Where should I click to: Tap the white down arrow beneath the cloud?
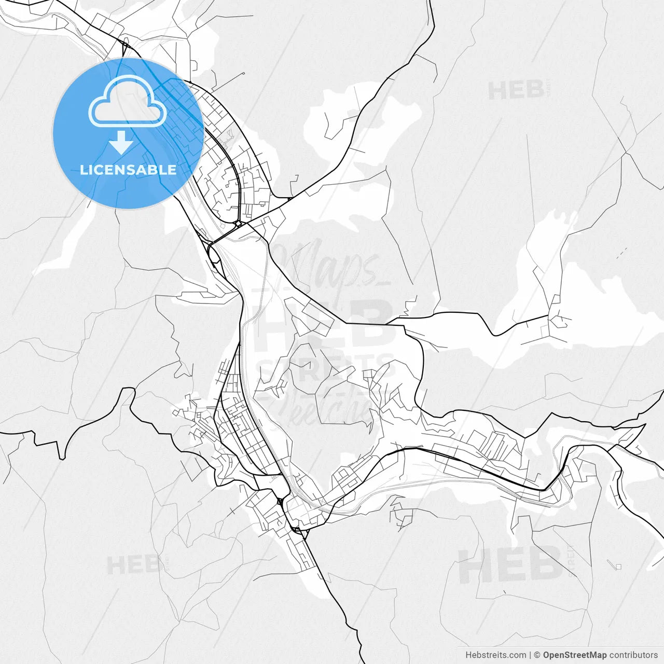pyautogui.click(x=122, y=142)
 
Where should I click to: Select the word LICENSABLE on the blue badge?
pyautogui.click(x=128, y=170)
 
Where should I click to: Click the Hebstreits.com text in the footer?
pyautogui.click(x=495, y=655)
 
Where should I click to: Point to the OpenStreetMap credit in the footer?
pyautogui.click(x=574, y=655)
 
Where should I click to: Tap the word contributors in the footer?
pyautogui.click(x=633, y=655)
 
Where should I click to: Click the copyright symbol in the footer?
pyautogui.click(x=537, y=655)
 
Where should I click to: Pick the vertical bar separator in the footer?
pyautogui.click(x=530, y=655)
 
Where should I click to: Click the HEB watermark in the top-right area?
pyautogui.click(x=516, y=91)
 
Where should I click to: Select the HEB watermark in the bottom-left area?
pyautogui.click(x=133, y=564)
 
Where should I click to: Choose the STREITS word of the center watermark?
pyautogui.click(x=327, y=369)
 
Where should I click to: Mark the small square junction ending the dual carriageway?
pyautogui.click(x=239, y=224)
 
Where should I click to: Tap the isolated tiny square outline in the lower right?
pyautogui.click(x=618, y=566)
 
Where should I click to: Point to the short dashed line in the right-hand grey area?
pyautogui.click(x=621, y=253)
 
